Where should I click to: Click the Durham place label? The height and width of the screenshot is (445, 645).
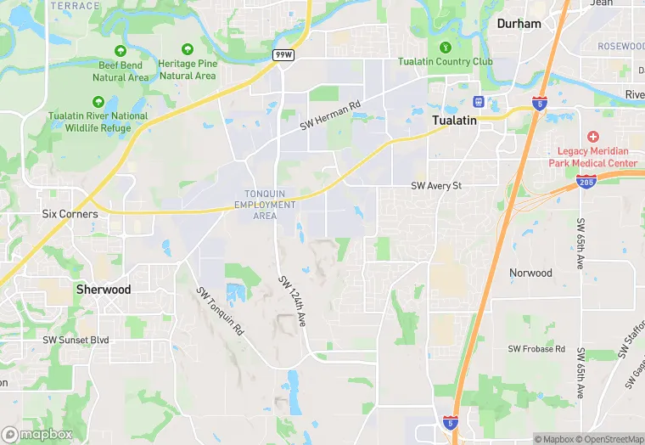click(x=519, y=24)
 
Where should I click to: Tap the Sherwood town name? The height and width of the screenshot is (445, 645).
click(x=104, y=289)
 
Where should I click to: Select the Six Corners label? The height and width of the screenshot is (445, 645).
click(x=70, y=214)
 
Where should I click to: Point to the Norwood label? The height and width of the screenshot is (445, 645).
click(x=530, y=273)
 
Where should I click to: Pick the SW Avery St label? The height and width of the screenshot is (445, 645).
click(x=435, y=185)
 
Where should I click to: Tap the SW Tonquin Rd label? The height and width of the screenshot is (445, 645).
click(x=220, y=311)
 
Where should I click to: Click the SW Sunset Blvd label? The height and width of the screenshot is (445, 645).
click(x=76, y=340)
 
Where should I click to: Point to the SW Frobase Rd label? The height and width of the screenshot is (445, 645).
click(x=536, y=349)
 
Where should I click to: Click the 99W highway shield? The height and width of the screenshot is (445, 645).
click(x=283, y=54)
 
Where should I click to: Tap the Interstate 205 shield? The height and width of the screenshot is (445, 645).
click(x=586, y=182)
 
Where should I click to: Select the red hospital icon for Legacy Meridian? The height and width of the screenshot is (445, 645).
click(x=592, y=137)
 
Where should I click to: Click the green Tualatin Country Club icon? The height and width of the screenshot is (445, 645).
click(x=446, y=47)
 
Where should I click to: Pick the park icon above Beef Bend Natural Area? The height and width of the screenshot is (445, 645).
click(x=120, y=51)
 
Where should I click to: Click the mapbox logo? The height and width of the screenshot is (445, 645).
click(x=37, y=434)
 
